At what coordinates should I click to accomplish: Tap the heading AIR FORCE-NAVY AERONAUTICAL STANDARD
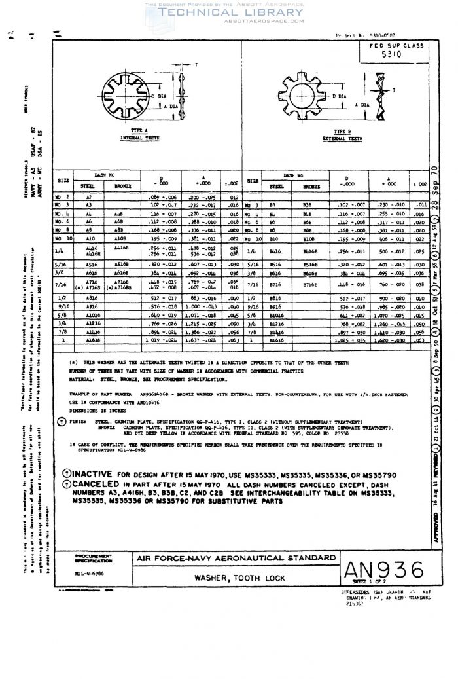(x=234, y=559)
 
